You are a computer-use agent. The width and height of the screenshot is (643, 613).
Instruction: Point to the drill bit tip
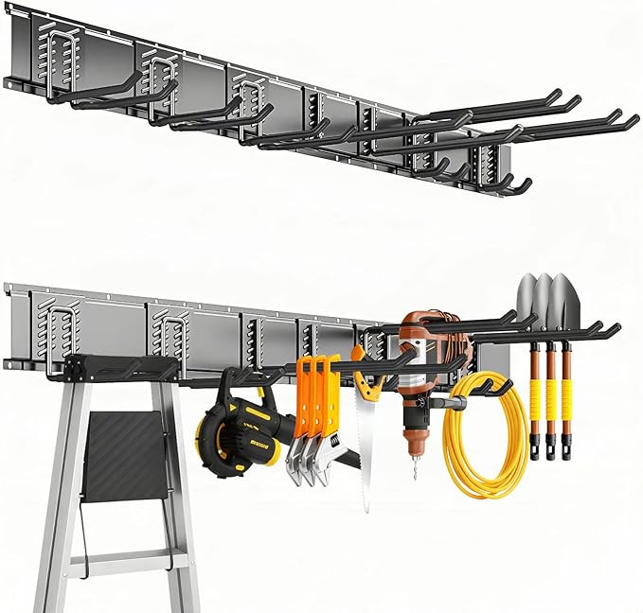tap(414, 474)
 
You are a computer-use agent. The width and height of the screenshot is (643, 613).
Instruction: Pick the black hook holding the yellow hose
tap(492, 386)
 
